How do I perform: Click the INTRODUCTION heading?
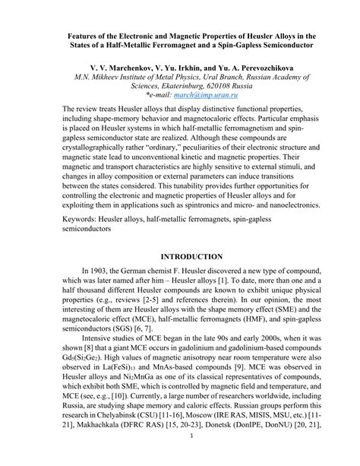[179, 278]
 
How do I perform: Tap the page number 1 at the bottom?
[179, 456]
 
